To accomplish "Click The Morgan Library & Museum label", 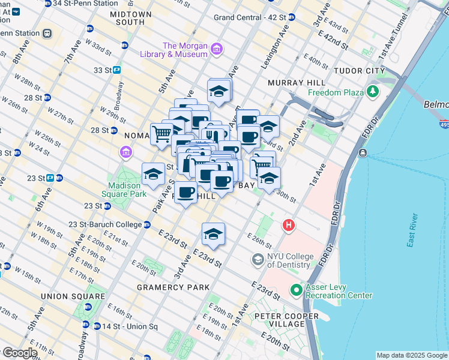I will (185, 50).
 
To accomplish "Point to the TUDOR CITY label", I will (359, 71).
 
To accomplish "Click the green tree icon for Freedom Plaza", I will (373, 92).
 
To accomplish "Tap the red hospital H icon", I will (289, 226).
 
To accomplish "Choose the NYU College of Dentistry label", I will (290, 260).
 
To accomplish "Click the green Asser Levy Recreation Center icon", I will (296, 290).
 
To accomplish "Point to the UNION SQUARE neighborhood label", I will (73, 296).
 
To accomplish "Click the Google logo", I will (20, 353).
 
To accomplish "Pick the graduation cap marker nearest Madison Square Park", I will (153, 175).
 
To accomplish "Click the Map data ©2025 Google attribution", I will (411, 355).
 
